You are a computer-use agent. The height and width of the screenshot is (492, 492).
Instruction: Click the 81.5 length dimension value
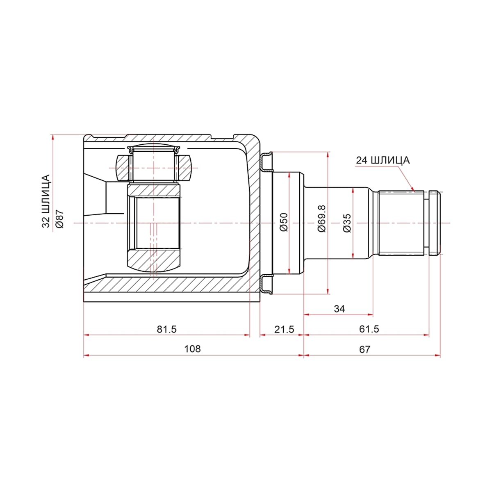166,329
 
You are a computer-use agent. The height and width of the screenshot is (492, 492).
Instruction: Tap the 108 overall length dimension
193,349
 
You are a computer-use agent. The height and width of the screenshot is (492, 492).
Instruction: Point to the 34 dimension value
339,309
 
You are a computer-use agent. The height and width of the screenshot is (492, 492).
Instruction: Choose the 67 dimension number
364,349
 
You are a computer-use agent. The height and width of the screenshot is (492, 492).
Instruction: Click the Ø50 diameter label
284,222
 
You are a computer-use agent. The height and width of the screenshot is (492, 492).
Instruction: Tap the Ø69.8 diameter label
322,218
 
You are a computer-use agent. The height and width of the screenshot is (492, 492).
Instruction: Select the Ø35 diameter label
347,223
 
